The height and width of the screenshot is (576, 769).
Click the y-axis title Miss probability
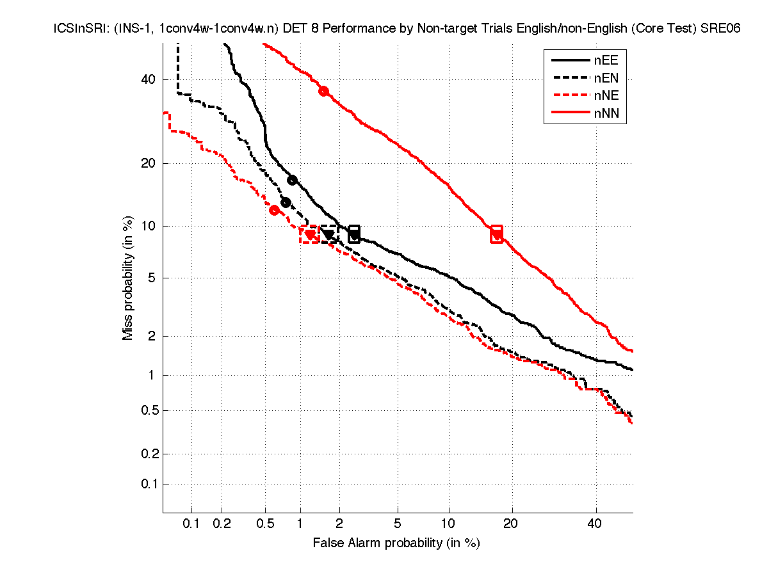coord(128,277)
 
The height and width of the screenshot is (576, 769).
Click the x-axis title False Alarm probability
coord(396,543)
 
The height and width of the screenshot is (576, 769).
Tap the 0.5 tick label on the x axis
coord(264,524)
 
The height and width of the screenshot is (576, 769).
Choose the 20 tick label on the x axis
coord(510,524)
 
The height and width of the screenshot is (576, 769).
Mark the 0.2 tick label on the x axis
coord(222,524)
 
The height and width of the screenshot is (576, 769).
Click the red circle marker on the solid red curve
coord(323,91)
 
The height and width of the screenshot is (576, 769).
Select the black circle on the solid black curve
coord(292,180)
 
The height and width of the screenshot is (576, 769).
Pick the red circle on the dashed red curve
coord(274,210)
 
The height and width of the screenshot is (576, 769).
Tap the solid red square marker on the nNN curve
coord(496,234)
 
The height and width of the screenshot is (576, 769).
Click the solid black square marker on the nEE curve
coord(354,234)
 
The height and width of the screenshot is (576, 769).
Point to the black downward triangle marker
coord(328,235)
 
